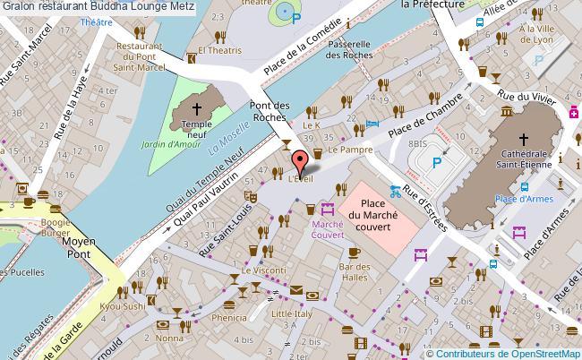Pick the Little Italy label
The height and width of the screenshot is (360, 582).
pyautogui.click(x=292, y=314)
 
